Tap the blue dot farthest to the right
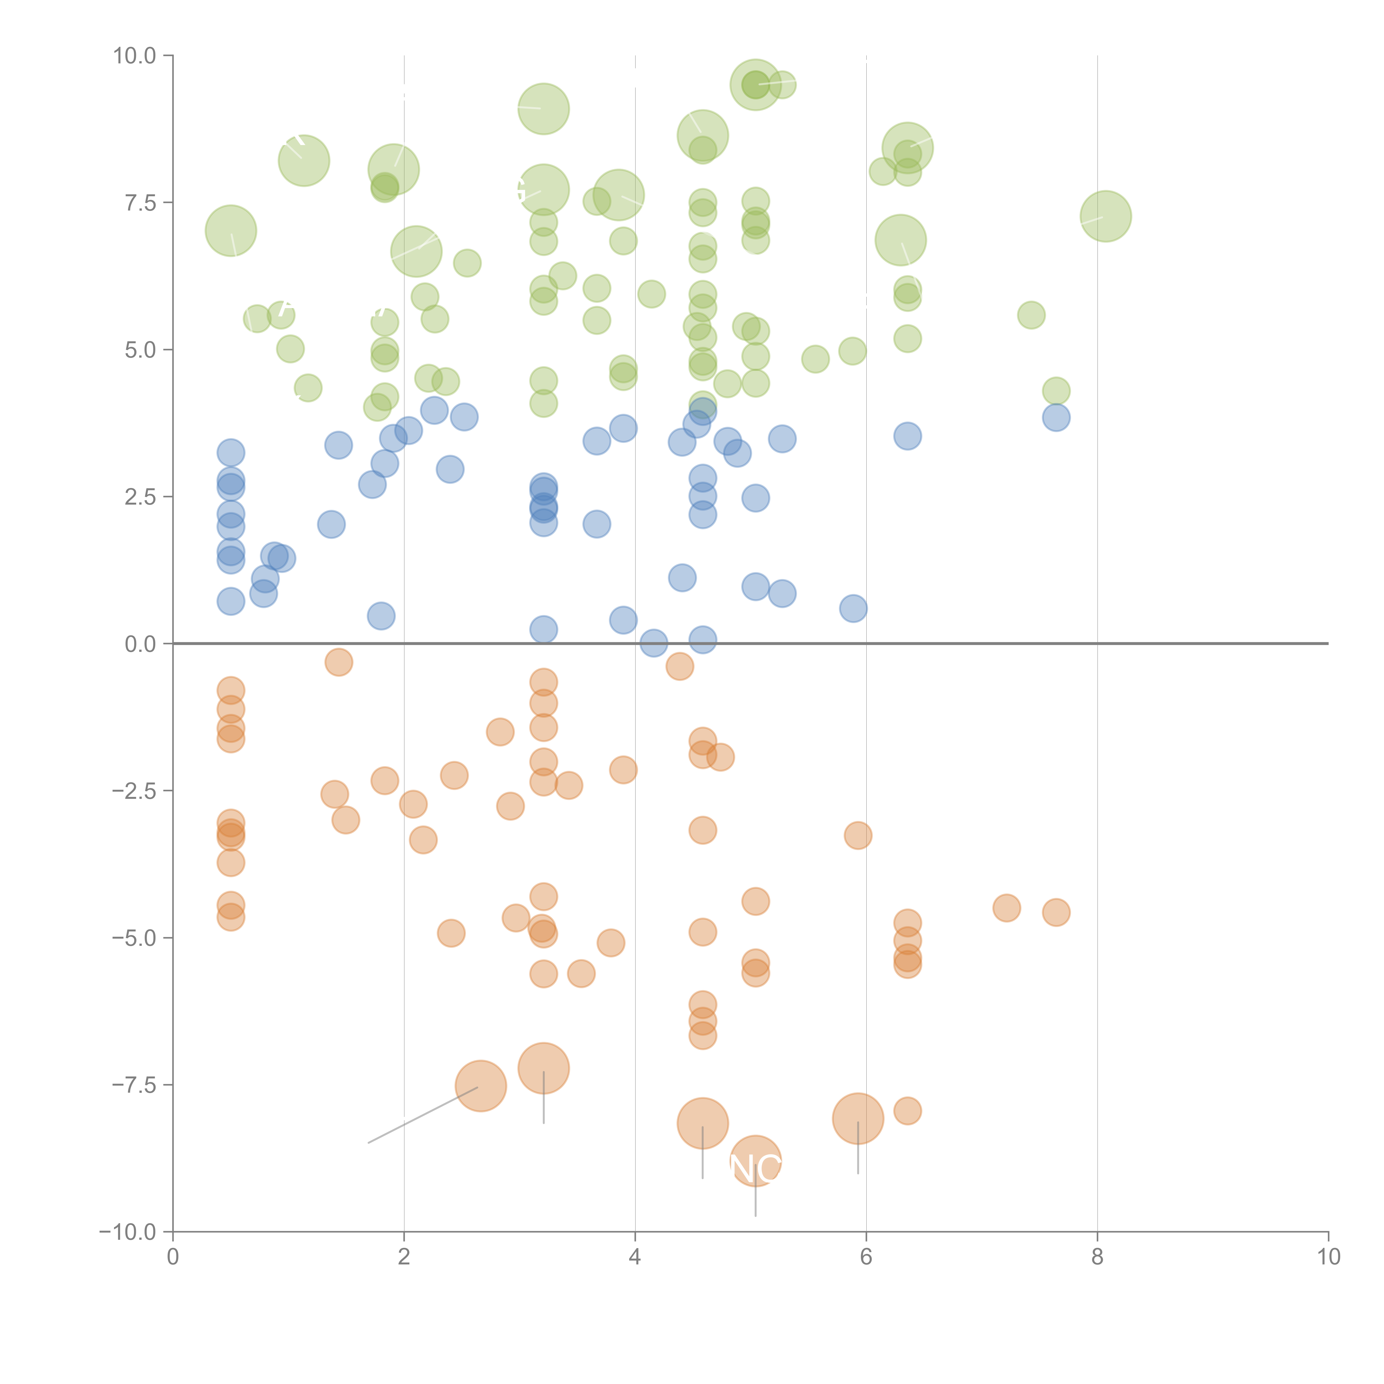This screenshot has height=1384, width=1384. (1056, 417)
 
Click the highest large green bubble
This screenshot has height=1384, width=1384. (755, 84)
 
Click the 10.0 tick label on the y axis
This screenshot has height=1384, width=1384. (135, 56)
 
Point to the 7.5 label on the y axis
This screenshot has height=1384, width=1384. (140, 203)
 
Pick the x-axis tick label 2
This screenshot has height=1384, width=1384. (404, 1256)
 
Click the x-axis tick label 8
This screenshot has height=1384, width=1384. (1098, 1256)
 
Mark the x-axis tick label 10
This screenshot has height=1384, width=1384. (1328, 1256)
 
